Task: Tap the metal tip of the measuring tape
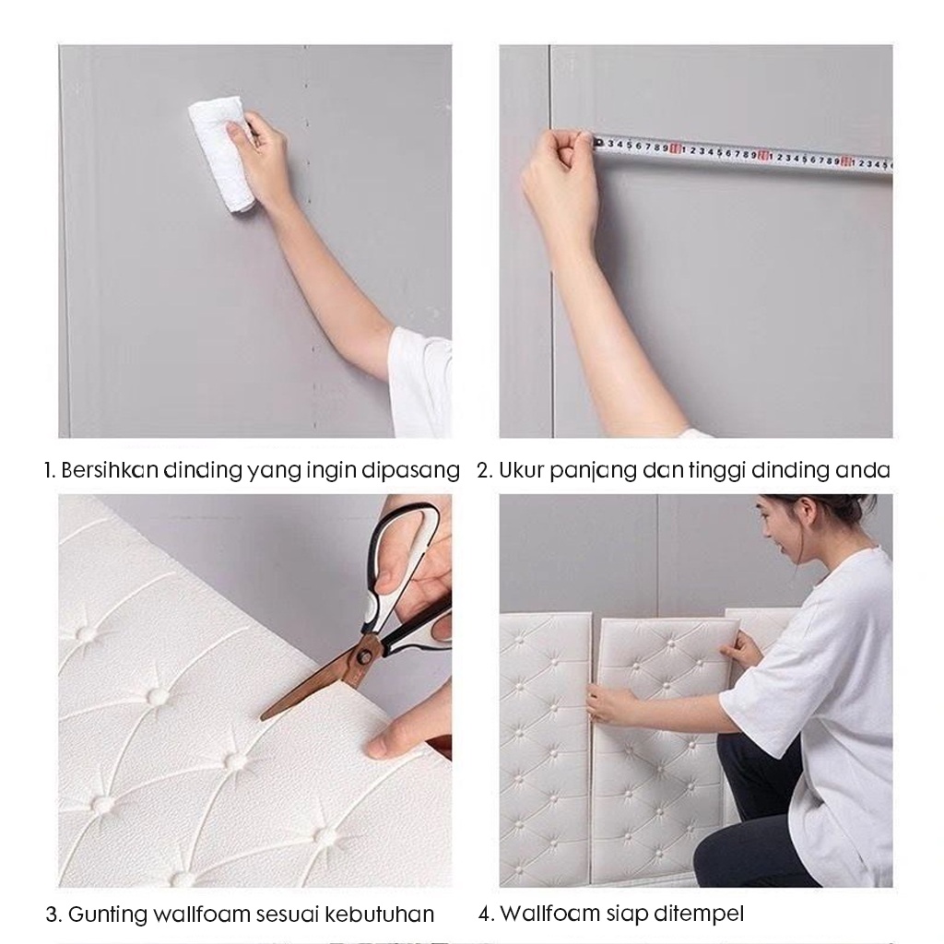tap(597, 143)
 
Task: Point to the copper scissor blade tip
tap(263, 717)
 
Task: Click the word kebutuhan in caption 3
tap(380, 914)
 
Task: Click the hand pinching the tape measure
tap(560, 181)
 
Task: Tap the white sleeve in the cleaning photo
tap(421, 383)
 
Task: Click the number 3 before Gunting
tap(53, 914)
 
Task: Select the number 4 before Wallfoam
tap(485, 914)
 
